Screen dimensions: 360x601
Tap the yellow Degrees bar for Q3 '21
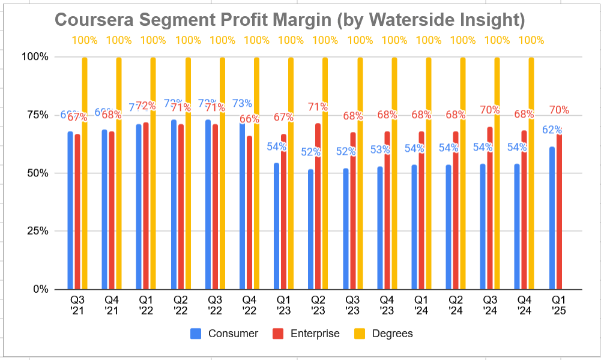pos(85,173)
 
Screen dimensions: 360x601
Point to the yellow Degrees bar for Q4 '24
pos(531,173)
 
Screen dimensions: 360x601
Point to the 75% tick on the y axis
pos(36,115)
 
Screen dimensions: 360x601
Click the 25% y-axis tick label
pos(36,231)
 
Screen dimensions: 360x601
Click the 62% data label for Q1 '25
pos(552,130)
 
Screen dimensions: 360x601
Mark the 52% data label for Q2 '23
pos(310,152)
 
